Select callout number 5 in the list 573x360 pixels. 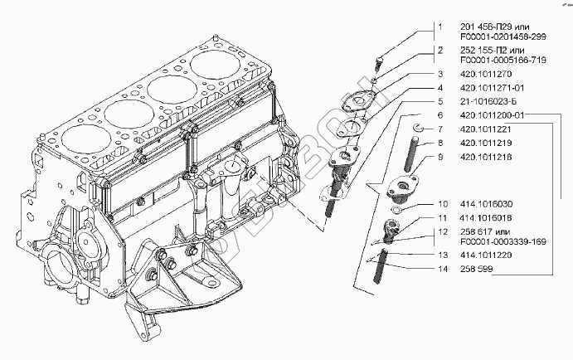(x=441, y=100)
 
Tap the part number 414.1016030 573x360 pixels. (x=484, y=203)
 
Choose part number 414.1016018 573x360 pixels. (x=484, y=216)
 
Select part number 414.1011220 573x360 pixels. (x=484, y=256)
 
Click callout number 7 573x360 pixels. (x=441, y=129)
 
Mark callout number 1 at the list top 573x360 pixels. (x=441, y=27)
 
